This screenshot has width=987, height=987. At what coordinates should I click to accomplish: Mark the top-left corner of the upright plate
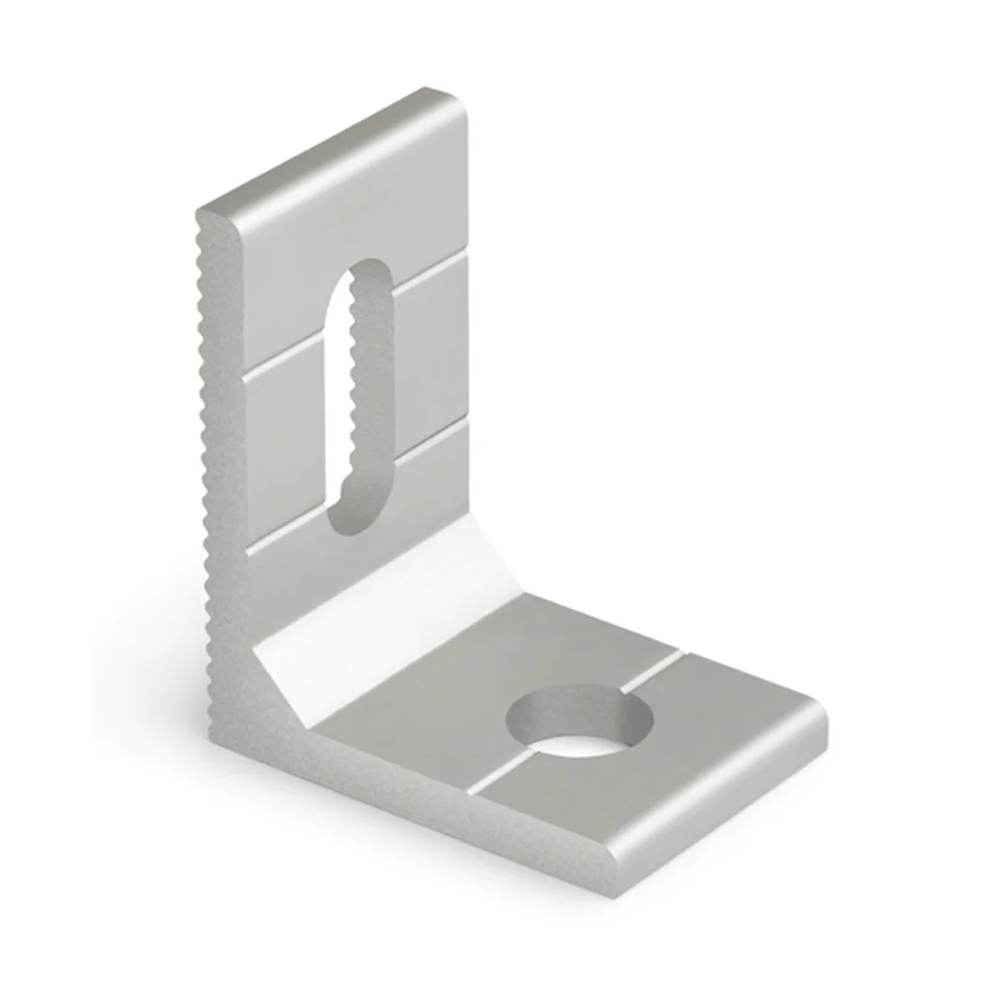(x=202, y=212)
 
